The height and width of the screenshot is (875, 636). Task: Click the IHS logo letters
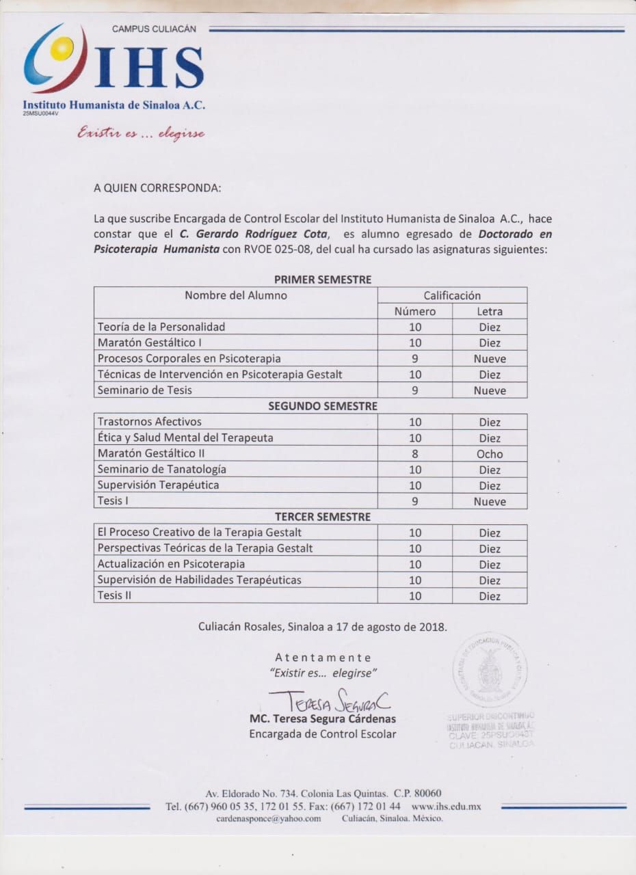tap(149, 67)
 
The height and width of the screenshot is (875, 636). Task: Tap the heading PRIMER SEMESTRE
tap(323, 280)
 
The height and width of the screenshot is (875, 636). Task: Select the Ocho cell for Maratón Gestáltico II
tap(490, 454)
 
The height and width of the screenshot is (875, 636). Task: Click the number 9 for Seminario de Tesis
tap(414, 390)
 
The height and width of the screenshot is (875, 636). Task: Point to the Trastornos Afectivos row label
tap(150, 422)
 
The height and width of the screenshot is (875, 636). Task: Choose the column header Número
tap(414, 312)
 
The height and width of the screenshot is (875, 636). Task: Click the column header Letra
tap(490, 312)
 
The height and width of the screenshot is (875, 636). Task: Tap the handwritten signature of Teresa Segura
tap(329, 701)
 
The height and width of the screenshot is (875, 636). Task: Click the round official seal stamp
tap(490, 670)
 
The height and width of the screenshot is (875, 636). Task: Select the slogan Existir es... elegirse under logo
tap(141, 133)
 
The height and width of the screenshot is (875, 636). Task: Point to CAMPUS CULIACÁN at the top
tap(154, 29)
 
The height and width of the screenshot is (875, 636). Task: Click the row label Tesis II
tap(114, 595)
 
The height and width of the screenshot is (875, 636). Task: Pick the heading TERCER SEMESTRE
tap(323, 517)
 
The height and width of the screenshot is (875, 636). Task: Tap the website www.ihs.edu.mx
tap(447, 807)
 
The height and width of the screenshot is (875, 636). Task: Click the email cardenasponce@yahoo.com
tap(268, 819)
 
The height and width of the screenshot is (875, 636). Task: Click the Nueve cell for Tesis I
tap(490, 501)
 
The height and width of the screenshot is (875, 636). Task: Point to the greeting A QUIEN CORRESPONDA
tap(157, 187)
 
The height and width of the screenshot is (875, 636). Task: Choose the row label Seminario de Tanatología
tap(162, 470)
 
